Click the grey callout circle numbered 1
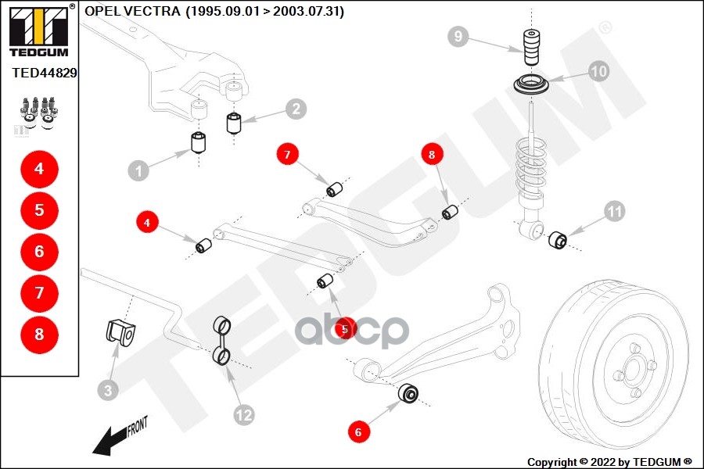[138, 170]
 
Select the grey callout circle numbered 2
[295, 109]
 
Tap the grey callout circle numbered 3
[109, 388]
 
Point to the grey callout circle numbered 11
[614, 210]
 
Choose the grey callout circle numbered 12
[244, 414]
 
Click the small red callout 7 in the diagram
[287, 155]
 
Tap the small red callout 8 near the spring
[432, 155]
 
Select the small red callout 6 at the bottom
[358, 431]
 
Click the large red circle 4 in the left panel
[39, 169]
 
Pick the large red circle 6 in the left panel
[39, 252]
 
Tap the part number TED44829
[45, 72]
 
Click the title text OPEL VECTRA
[132, 12]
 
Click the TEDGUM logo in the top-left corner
[38, 30]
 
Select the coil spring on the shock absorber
[532, 168]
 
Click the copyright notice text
[609, 461]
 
